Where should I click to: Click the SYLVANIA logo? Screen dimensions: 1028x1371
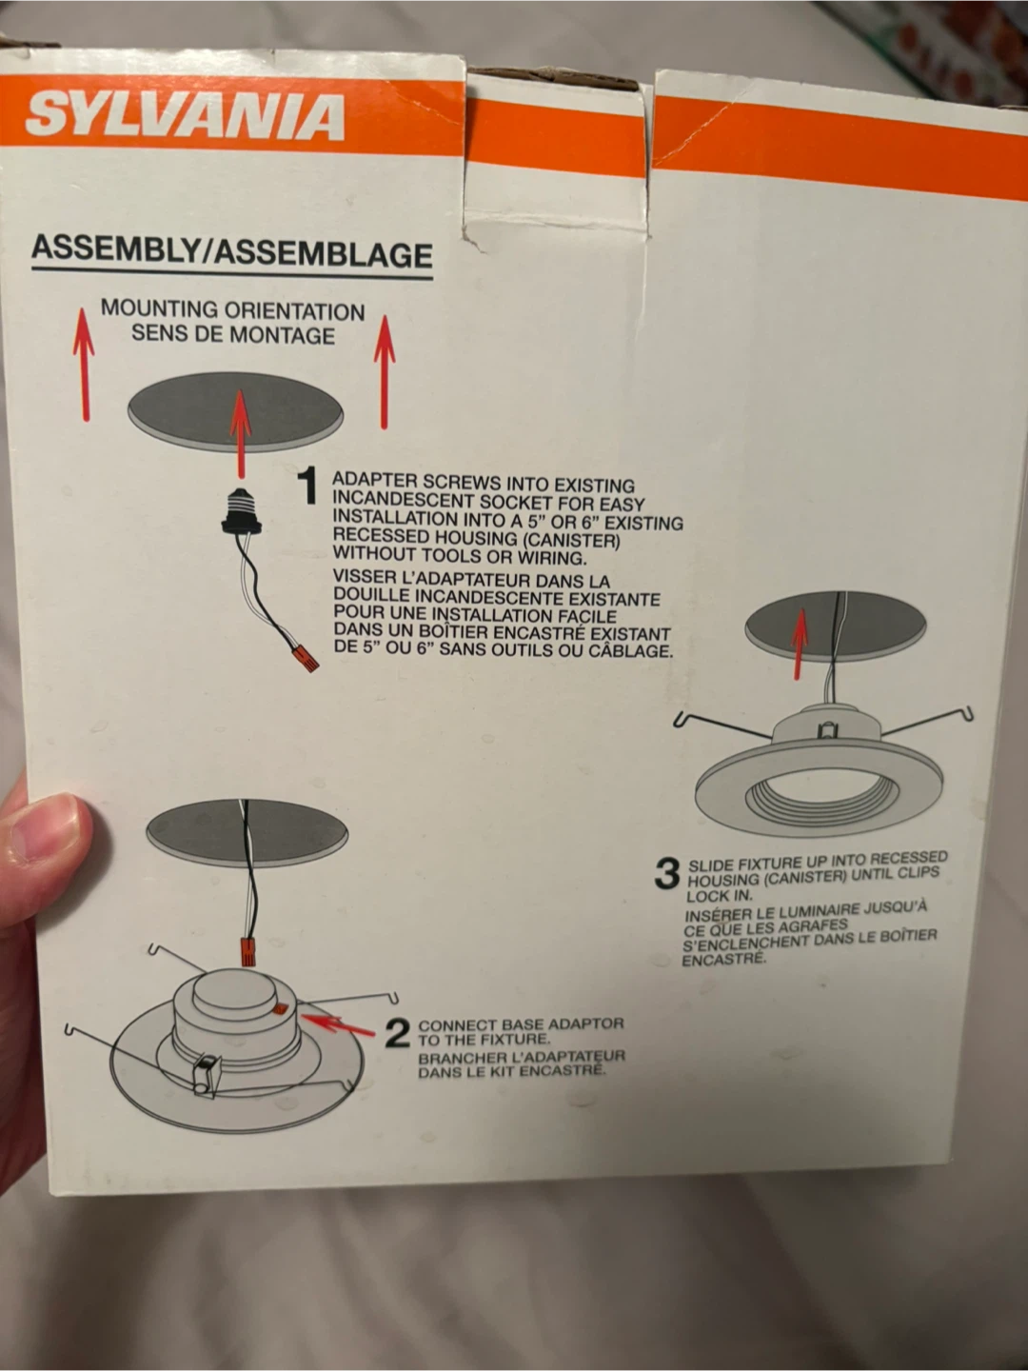[185, 118]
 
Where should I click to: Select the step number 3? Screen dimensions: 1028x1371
[666, 872]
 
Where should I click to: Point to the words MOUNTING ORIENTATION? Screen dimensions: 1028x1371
[233, 309]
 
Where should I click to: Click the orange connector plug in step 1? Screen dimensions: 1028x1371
[306, 658]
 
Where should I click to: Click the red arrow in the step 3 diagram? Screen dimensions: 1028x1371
[799, 644]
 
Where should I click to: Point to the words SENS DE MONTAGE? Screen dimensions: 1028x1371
[233, 334]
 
